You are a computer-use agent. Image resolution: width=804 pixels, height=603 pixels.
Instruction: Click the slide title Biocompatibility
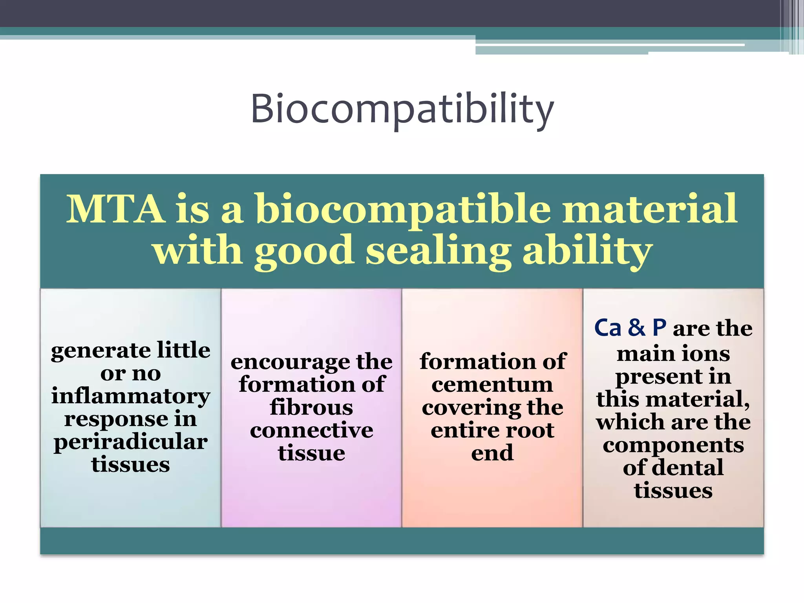pos(402,109)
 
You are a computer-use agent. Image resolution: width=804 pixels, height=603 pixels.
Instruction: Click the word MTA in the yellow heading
pos(115,209)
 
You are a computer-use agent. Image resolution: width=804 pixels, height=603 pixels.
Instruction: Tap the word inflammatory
pos(131,396)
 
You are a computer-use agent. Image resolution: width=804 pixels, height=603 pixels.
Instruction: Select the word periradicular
pos(131,442)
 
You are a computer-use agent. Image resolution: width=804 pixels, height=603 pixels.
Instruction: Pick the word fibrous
pos(311,407)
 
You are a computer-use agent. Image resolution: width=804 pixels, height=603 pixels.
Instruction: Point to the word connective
pos(311,430)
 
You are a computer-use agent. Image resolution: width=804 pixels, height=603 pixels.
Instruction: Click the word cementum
pos(492,384)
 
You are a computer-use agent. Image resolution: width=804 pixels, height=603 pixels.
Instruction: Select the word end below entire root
pos(492,453)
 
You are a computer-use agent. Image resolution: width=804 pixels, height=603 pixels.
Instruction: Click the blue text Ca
pos(608,328)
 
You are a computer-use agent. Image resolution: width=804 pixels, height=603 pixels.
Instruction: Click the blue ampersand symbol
pos(636,328)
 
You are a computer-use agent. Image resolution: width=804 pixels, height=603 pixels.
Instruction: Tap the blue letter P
pos(659,328)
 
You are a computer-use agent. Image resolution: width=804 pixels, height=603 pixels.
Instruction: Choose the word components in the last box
pos(673,445)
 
